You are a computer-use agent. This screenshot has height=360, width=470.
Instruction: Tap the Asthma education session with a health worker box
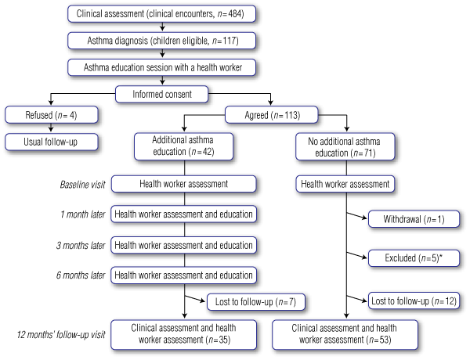(x=162, y=68)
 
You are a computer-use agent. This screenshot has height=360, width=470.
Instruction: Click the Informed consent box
(x=162, y=95)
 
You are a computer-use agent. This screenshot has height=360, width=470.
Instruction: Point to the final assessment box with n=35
(x=184, y=333)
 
